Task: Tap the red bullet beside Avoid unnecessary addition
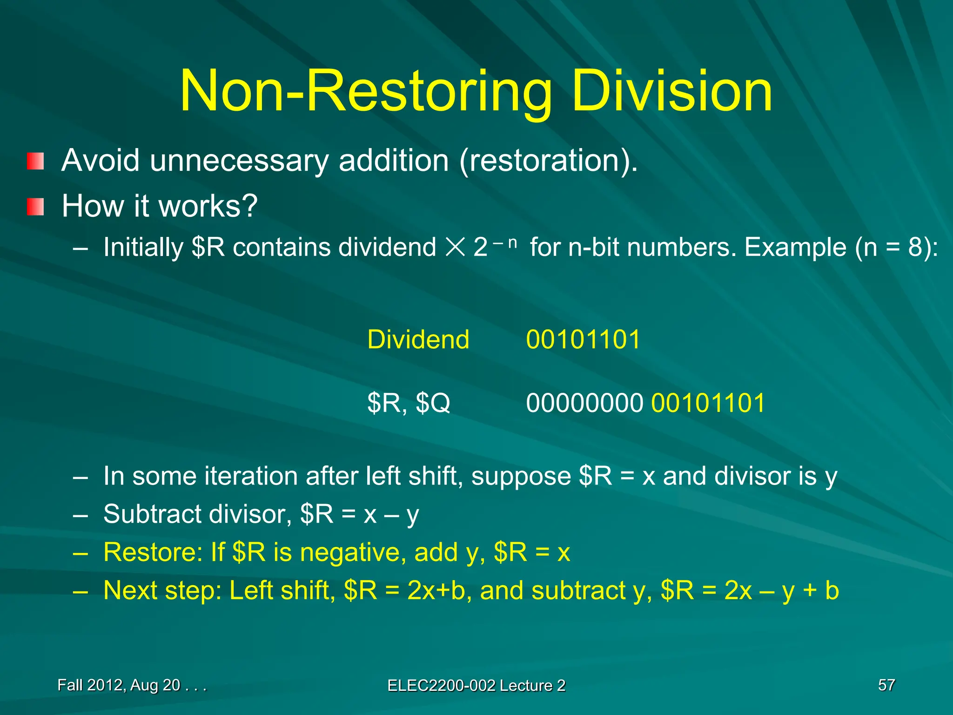pyautogui.click(x=35, y=161)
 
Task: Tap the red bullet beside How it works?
pyautogui.click(x=35, y=207)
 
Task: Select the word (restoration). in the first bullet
pyautogui.click(x=548, y=161)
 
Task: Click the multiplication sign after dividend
pyautogui.click(x=455, y=247)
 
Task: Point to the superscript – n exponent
pyautogui.click(x=505, y=242)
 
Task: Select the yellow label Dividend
pyautogui.click(x=418, y=339)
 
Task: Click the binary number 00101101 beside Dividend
pyautogui.click(x=583, y=339)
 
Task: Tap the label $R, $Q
pyautogui.click(x=409, y=403)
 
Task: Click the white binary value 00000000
pyautogui.click(x=584, y=403)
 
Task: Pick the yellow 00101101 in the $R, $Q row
pyautogui.click(x=708, y=403)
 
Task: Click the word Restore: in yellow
pyautogui.click(x=153, y=553)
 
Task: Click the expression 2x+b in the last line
pyautogui.click(x=436, y=591)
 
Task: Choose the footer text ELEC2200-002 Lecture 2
pyautogui.click(x=476, y=686)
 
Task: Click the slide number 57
pyautogui.click(x=886, y=685)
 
